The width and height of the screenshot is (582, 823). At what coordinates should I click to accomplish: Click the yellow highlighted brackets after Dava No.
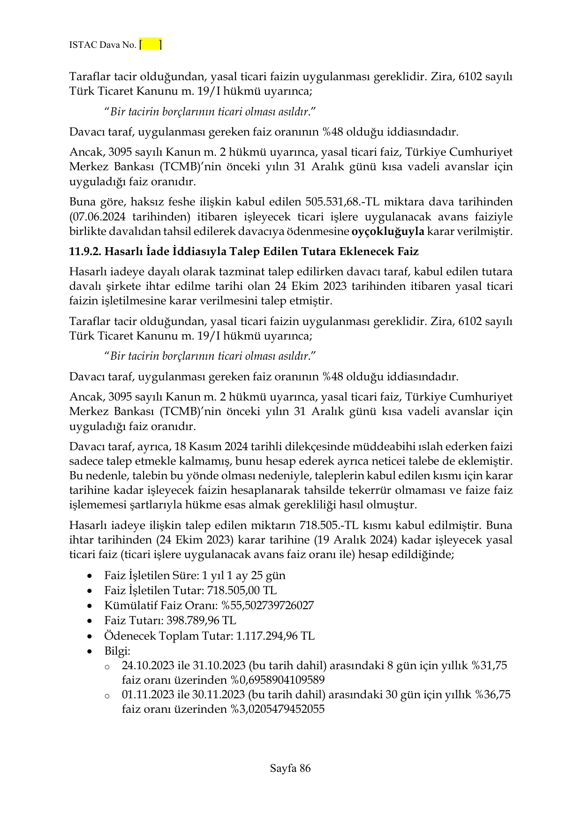click(x=151, y=45)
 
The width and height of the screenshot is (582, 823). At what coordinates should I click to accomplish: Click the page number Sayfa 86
click(x=290, y=768)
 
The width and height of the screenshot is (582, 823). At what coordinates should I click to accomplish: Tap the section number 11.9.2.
click(x=85, y=251)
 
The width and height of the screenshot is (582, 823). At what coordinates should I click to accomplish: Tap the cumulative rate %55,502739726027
click(x=267, y=605)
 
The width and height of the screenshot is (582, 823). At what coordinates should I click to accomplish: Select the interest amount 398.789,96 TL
click(x=201, y=620)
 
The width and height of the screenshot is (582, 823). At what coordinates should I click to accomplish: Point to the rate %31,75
click(x=491, y=665)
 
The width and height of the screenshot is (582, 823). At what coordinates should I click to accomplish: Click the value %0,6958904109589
click(x=277, y=680)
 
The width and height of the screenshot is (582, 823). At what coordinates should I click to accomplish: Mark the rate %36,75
click(x=493, y=695)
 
